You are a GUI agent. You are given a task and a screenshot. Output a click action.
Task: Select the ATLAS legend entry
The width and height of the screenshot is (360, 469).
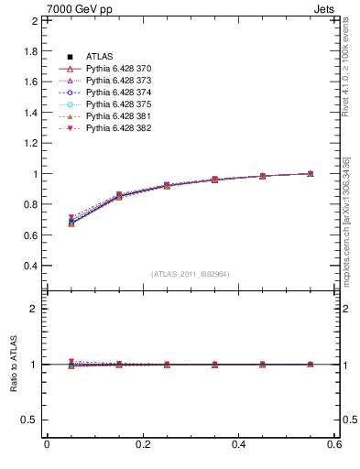(100, 57)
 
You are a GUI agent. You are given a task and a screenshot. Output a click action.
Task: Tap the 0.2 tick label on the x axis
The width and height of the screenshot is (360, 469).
(142, 444)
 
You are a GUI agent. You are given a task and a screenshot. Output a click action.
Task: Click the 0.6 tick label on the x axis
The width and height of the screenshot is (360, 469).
(334, 444)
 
